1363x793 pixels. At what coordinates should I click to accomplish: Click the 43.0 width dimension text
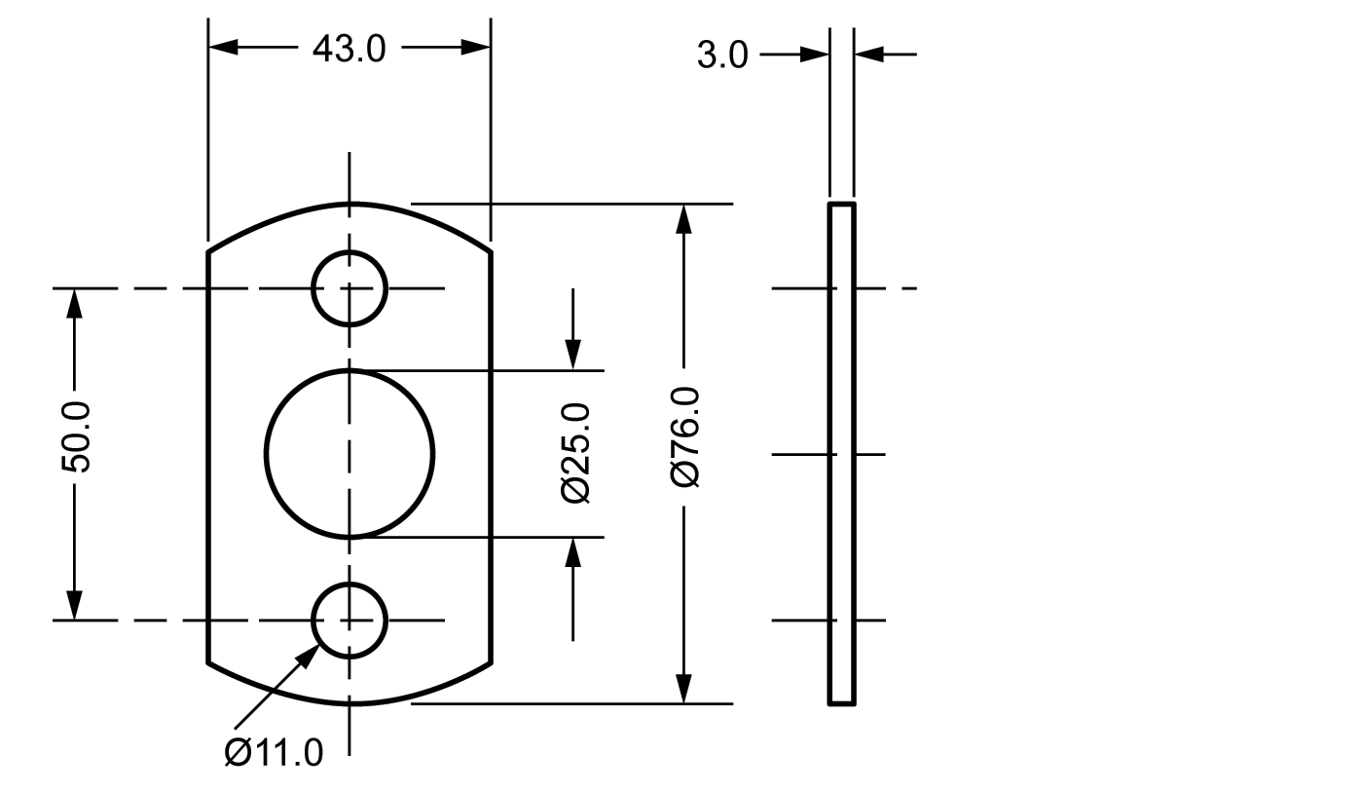point(349,49)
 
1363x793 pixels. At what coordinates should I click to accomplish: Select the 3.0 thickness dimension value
point(721,56)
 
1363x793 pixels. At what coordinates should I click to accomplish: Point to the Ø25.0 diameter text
point(575,452)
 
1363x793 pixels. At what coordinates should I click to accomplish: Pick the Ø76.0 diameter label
point(684,436)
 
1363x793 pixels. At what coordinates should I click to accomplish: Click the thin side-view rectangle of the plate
point(842,453)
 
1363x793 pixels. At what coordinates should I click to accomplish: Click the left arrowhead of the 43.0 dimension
point(223,47)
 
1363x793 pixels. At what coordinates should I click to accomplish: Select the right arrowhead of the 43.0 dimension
point(476,47)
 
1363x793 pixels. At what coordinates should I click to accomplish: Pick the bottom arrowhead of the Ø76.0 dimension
point(684,689)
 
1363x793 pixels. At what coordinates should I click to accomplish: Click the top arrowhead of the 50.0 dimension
point(73,303)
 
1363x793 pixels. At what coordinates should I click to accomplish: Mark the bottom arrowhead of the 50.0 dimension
point(73,605)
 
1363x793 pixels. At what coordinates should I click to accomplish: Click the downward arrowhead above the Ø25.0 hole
point(573,356)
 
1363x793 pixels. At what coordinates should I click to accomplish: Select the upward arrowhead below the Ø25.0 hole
point(573,551)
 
